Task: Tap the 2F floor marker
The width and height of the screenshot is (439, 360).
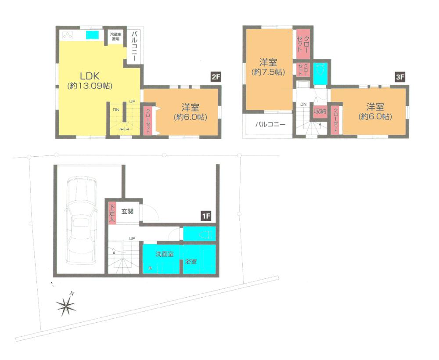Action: click(x=215, y=77)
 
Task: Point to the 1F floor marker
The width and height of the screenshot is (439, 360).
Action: click(x=206, y=216)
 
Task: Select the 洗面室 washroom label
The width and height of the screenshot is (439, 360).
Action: click(x=164, y=254)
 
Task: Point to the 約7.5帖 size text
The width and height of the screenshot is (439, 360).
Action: click(x=267, y=72)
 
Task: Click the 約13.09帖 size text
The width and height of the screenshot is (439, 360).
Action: click(x=90, y=86)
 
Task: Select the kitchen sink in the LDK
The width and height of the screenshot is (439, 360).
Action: click(x=92, y=35)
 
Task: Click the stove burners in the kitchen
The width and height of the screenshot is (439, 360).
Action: click(x=67, y=35)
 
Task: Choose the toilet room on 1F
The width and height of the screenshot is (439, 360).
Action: click(x=200, y=234)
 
